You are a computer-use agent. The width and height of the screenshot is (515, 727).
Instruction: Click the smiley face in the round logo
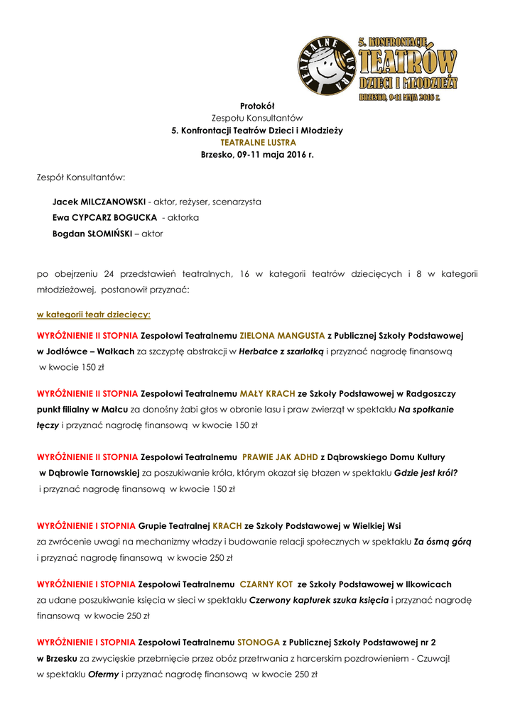[326, 69]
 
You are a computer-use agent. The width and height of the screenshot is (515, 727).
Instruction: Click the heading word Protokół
[257, 106]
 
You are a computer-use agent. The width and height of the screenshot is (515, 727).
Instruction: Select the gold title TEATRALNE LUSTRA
[257, 142]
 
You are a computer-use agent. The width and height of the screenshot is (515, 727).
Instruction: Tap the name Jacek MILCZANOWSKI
[99, 202]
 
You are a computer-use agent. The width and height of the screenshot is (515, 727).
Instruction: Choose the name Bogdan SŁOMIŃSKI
[92, 233]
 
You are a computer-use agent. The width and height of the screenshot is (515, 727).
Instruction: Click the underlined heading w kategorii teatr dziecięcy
[94, 314]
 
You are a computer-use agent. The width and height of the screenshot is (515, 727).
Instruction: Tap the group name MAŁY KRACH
[267, 393]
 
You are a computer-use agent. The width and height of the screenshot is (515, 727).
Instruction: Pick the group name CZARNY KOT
[266, 584]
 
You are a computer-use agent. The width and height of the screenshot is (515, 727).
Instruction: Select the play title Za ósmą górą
[443, 542]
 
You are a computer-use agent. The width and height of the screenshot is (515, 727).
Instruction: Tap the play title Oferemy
[103, 674]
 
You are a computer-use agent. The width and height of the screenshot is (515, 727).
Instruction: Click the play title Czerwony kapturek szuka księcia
[319, 601]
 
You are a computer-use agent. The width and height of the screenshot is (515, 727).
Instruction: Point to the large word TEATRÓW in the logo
[407, 65]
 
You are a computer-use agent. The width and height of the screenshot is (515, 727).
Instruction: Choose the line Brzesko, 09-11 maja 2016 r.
[257, 154]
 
